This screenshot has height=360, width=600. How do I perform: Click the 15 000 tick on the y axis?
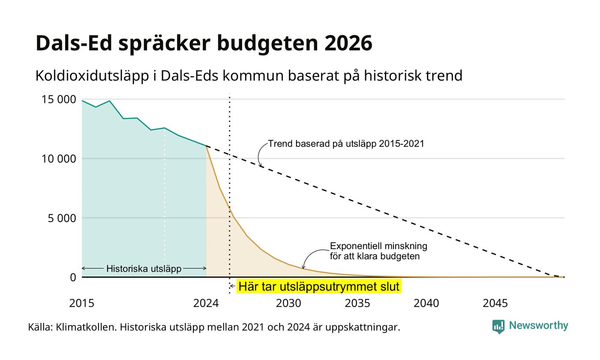59,99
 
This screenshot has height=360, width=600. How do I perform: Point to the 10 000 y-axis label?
59,159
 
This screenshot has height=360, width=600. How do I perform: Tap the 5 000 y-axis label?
62,218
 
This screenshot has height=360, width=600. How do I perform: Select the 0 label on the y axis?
73,278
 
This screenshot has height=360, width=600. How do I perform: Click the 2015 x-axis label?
82,303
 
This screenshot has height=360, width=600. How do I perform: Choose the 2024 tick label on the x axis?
206,303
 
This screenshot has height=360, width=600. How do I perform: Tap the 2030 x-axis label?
288,303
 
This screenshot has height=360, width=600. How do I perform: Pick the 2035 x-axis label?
357,303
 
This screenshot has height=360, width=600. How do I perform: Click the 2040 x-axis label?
426,303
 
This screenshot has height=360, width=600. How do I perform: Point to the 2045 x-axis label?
495,303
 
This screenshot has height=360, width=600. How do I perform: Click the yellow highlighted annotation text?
319,286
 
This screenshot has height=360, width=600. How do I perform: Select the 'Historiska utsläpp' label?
144,269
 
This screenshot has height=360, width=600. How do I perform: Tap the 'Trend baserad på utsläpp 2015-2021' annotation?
346,144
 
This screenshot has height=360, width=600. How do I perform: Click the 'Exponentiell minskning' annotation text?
378,246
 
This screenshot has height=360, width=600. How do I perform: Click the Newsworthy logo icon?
498,327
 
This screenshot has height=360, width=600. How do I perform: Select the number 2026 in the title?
348,43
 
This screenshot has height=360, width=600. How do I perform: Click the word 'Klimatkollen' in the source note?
86,327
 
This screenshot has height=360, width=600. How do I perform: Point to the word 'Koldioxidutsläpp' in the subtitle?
92,76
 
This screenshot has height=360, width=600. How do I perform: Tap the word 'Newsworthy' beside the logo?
538,325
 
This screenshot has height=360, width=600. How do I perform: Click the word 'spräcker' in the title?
164,44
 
